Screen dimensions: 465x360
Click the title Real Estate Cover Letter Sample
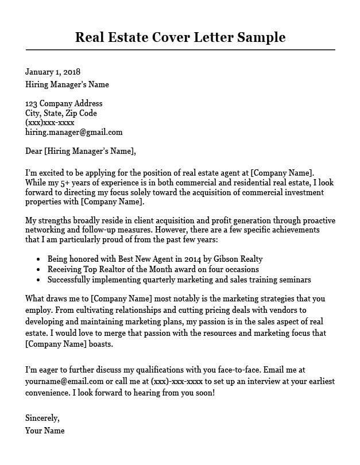click(x=180, y=38)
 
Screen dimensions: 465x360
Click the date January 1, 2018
click(x=52, y=72)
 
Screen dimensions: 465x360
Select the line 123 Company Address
click(x=64, y=103)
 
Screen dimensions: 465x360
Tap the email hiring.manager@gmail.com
click(x=73, y=131)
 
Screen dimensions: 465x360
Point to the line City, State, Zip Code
click(x=61, y=113)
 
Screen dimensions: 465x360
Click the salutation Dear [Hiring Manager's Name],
click(x=80, y=152)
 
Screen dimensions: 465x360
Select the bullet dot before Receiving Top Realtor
click(x=38, y=270)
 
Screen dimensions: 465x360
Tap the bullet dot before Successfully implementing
click(x=38, y=280)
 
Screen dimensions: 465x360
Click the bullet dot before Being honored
click(x=38, y=259)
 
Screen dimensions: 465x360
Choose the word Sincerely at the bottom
click(x=42, y=418)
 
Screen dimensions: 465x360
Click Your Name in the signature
click(x=45, y=430)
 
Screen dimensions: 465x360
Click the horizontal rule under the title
click(x=180, y=51)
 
